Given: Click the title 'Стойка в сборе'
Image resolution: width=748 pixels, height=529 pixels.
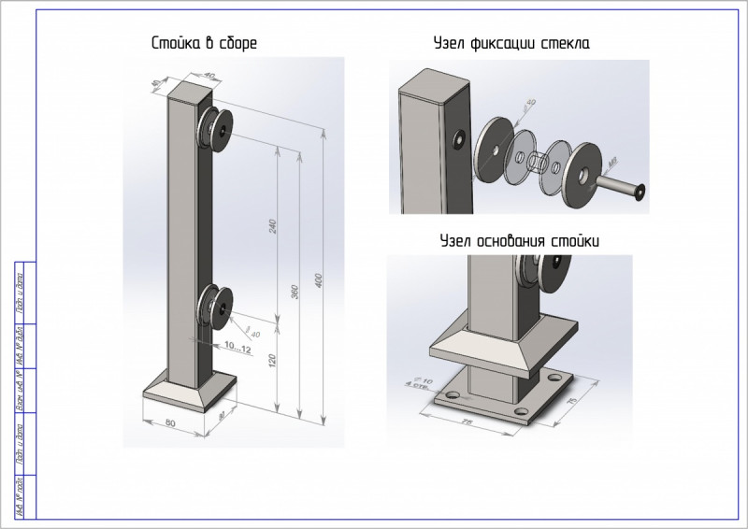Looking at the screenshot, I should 204,43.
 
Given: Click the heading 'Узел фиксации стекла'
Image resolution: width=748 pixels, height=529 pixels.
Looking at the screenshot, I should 511,43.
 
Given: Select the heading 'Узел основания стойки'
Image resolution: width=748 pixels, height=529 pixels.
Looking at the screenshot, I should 520,241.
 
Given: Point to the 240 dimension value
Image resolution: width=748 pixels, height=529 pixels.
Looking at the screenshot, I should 273,226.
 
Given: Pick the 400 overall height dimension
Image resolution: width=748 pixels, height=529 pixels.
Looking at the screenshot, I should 318,281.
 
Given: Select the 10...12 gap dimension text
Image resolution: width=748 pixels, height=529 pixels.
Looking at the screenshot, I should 237,348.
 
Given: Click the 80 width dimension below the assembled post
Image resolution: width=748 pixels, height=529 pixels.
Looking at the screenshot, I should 170,422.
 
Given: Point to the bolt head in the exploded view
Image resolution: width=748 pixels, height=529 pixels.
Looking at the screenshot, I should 640,193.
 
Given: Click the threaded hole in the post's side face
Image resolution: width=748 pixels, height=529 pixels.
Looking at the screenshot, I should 460,141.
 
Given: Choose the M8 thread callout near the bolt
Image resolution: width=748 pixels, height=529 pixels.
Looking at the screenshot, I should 614,164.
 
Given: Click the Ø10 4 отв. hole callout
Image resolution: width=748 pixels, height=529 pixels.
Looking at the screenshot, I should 410,382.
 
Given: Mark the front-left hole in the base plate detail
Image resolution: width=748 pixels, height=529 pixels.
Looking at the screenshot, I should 453,397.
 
